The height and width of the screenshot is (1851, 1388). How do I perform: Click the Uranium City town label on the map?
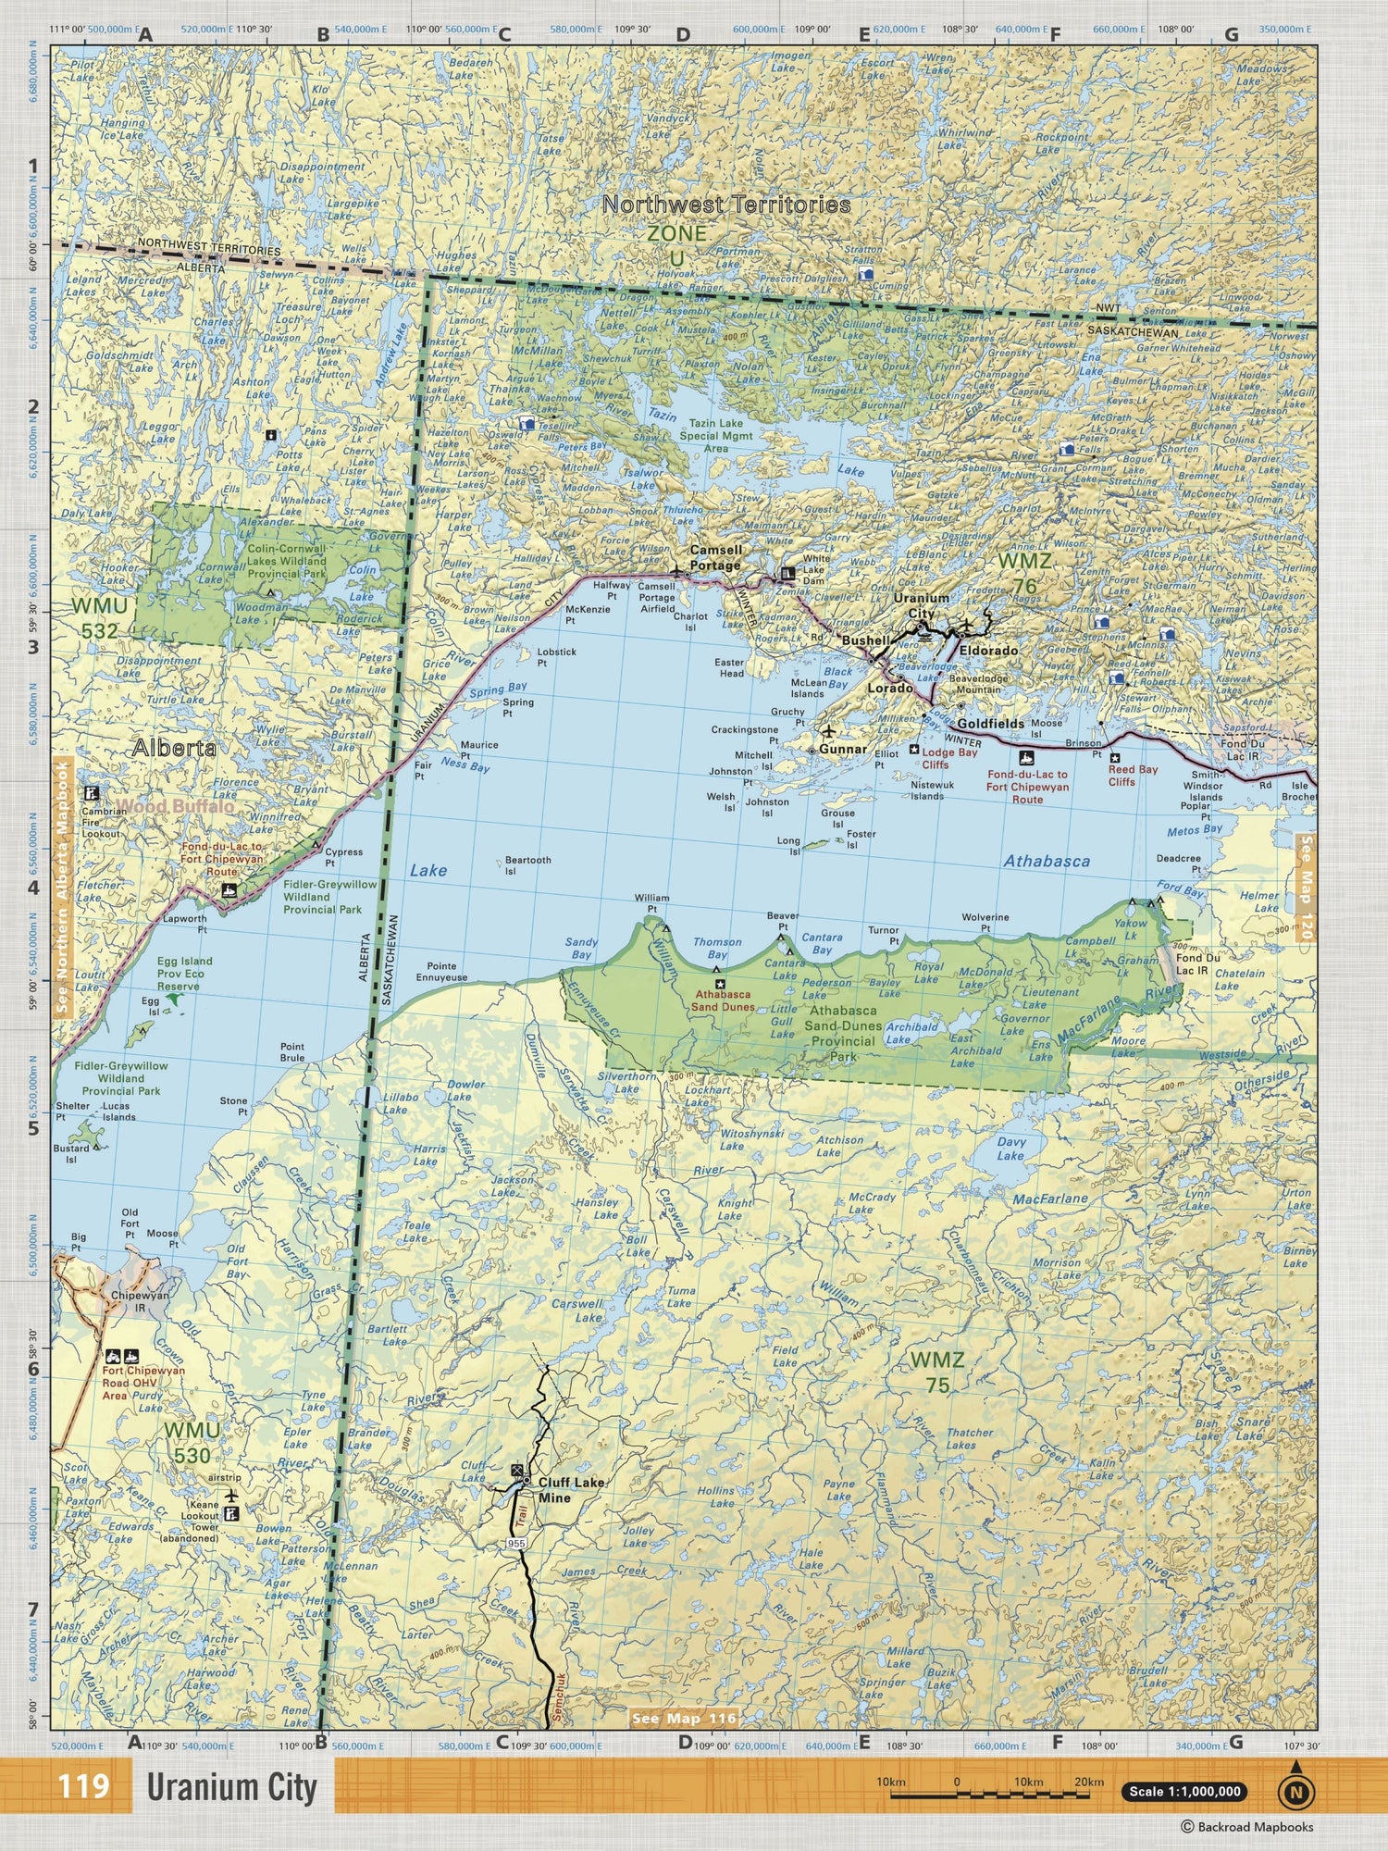(921, 605)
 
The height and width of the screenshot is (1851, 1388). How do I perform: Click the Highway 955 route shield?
(516, 1543)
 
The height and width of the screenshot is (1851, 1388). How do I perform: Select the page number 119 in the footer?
(83, 1785)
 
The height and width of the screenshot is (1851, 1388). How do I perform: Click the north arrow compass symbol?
(1296, 1790)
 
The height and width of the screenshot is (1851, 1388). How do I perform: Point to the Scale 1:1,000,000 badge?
(1184, 1791)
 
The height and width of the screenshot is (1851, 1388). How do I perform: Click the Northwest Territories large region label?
(726, 205)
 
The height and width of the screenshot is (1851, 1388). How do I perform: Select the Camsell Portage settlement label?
(715, 557)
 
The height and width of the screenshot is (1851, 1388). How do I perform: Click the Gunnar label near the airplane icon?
(843, 749)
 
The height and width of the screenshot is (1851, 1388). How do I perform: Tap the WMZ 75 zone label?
(936, 1372)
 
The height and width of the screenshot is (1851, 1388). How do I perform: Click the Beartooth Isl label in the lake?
(527, 865)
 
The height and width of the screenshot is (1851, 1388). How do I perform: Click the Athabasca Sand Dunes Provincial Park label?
(842, 1033)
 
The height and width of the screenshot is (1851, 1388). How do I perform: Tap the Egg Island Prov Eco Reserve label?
(184, 974)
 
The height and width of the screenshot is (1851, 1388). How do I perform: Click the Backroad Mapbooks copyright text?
(1246, 1826)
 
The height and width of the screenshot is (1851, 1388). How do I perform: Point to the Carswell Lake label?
(577, 1310)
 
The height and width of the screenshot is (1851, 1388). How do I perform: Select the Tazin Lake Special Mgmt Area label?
(715, 435)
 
